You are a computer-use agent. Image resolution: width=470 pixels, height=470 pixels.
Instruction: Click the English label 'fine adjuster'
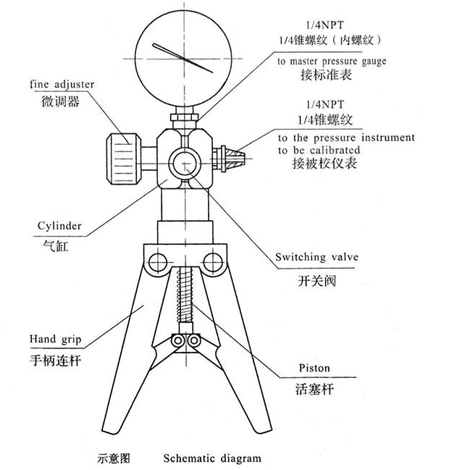[62, 85]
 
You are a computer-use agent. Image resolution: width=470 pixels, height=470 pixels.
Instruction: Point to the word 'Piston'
[314, 368]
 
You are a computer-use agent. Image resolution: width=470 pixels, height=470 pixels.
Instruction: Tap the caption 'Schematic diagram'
[211, 458]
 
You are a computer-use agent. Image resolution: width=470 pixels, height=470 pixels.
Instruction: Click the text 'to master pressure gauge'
[332, 62]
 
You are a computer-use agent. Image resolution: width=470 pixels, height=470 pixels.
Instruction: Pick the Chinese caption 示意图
[113, 458]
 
